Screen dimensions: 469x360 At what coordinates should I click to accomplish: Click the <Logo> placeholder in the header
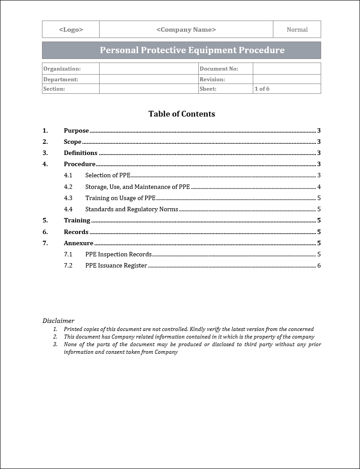(x=71, y=29)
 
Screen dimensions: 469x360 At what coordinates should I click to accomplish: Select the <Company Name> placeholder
(x=186, y=29)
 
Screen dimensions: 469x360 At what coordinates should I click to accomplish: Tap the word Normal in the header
(x=297, y=29)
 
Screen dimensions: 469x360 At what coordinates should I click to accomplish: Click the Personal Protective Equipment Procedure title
(x=192, y=50)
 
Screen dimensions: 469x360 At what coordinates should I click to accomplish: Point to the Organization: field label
(x=62, y=69)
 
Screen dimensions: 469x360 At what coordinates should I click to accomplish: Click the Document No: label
(x=219, y=69)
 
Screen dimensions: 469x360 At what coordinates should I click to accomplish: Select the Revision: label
(x=212, y=80)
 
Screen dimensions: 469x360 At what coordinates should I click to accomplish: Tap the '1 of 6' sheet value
(x=262, y=89)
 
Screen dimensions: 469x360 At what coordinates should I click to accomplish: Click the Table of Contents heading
(x=182, y=114)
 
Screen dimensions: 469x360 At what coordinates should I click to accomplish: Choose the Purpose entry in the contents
(x=76, y=131)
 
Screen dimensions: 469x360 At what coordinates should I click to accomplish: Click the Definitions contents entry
(x=80, y=153)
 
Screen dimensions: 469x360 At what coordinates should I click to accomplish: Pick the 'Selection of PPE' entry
(x=108, y=175)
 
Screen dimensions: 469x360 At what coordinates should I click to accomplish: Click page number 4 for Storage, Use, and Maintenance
(x=319, y=187)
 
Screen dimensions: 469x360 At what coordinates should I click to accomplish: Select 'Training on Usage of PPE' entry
(x=120, y=198)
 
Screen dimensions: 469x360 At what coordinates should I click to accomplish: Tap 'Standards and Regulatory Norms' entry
(x=132, y=209)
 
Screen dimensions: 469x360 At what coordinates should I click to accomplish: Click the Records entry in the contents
(x=76, y=232)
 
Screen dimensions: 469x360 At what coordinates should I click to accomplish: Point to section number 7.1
(x=68, y=254)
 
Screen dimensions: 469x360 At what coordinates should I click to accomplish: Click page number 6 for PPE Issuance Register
(x=319, y=265)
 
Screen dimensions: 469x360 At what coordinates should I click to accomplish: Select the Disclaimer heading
(x=59, y=321)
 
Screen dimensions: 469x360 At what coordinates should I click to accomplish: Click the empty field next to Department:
(x=149, y=80)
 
